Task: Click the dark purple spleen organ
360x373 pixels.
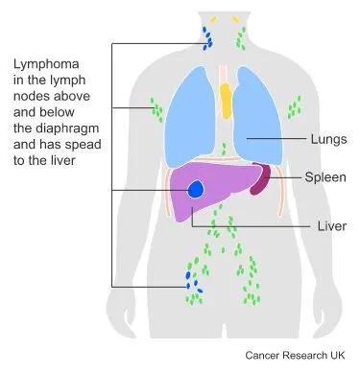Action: click(x=258, y=179)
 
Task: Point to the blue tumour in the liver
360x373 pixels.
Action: click(x=197, y=189)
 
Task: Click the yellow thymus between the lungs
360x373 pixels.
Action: click(x=227, y=100)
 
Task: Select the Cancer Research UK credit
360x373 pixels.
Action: click(x=300, y=354)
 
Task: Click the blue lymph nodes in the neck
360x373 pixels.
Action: click(x=205, y=38)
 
